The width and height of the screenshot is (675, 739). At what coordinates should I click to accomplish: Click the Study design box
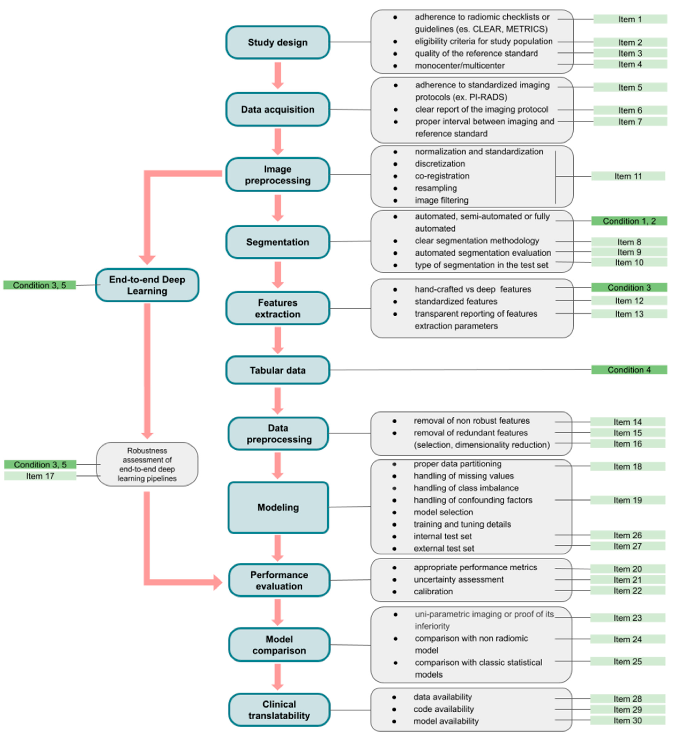pos(278,43)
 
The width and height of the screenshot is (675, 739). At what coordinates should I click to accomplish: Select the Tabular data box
pos(278,370)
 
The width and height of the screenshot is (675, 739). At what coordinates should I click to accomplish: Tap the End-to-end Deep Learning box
pos(147,285)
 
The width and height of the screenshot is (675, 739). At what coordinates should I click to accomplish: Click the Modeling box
pos(278,507)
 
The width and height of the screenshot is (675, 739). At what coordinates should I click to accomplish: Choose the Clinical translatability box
pos(279,710)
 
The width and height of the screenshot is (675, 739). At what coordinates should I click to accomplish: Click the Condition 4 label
pos(629,370)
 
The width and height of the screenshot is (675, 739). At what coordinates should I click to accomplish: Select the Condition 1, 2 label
pos(629,221)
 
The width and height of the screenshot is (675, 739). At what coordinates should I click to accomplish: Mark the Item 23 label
pos(627,618)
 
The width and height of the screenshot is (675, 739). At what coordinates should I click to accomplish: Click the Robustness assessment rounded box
pos(147,464)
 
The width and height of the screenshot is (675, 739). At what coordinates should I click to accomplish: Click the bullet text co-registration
pos(442,176)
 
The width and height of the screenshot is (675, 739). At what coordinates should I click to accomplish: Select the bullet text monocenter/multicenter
pos(459,66)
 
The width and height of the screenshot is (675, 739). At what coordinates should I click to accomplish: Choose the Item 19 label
pos(627,500)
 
